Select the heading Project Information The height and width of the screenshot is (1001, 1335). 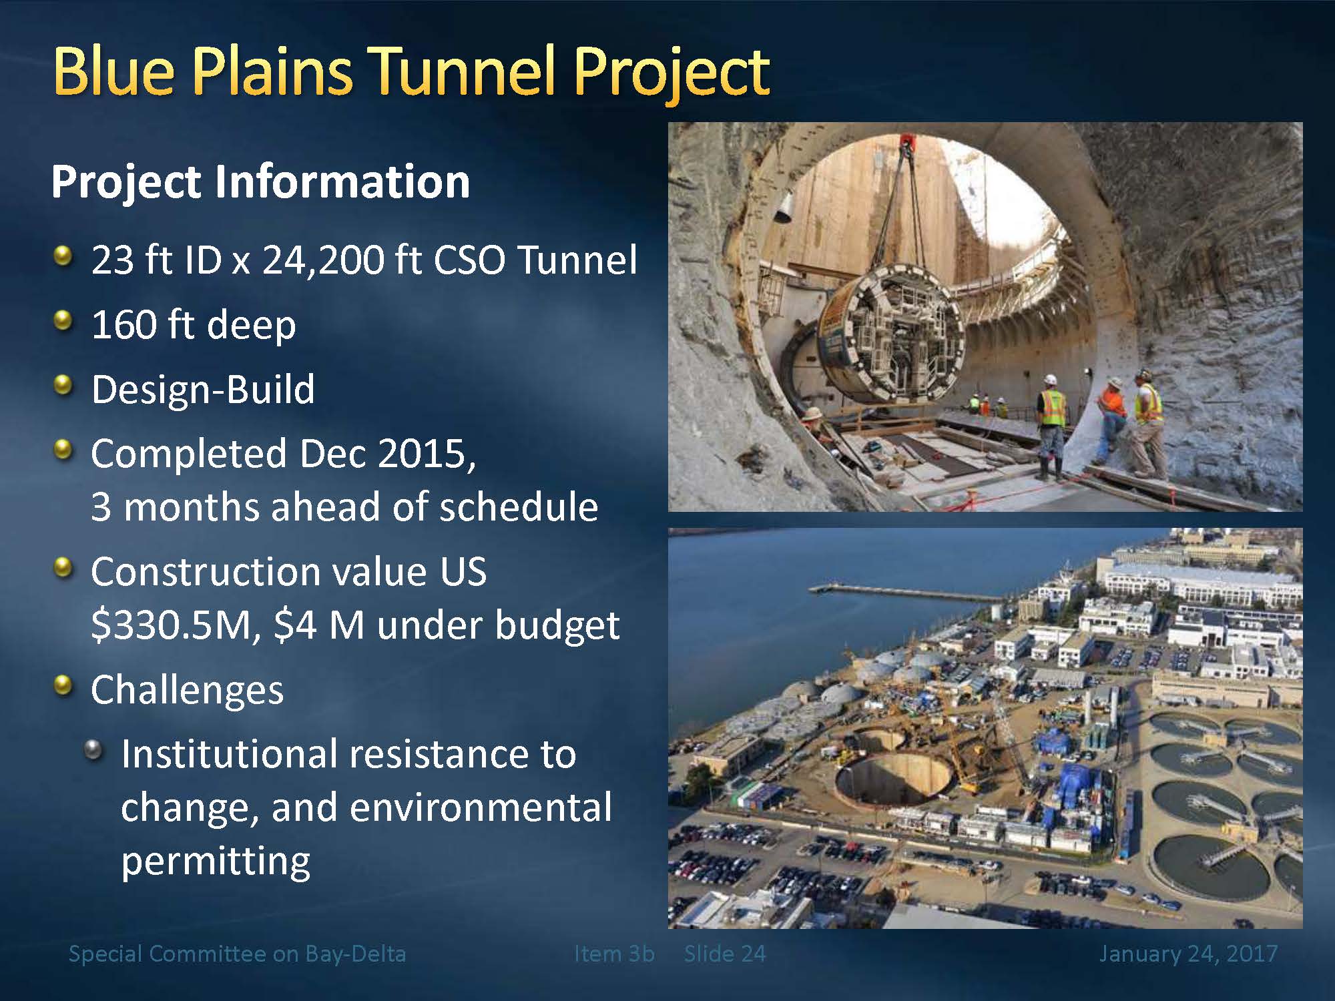coord(260,182)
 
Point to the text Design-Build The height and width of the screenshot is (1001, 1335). coord(203,390)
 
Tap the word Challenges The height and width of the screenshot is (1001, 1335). coord(187,691)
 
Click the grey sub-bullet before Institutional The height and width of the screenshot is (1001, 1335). coord(94,751)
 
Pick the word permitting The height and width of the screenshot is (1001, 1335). coord(216,861)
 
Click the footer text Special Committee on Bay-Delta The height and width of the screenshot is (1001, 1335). coord(237,954)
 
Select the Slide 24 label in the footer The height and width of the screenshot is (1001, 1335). coord(725,954)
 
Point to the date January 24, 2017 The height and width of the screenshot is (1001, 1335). coord(1188,954)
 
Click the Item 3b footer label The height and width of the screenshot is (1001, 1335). coord(614,954)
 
